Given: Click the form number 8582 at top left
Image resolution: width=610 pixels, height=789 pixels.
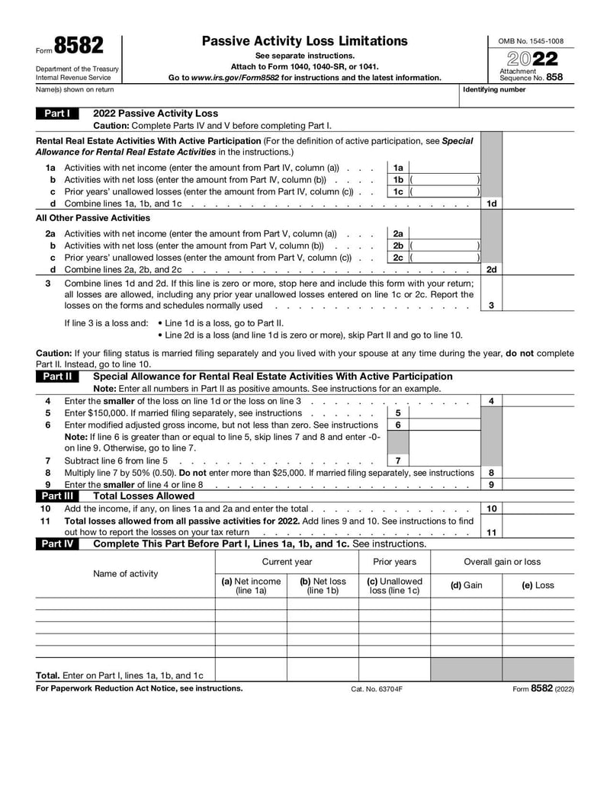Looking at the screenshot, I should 79,47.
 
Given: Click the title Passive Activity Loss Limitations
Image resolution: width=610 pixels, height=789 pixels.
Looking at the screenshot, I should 304,41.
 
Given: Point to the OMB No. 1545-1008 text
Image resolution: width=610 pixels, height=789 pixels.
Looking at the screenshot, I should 531,40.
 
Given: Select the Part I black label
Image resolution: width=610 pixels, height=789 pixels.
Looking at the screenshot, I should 57,114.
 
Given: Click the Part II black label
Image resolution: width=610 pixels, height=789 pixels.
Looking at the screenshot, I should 57,377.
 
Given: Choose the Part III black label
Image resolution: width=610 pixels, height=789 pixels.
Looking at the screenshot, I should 57,496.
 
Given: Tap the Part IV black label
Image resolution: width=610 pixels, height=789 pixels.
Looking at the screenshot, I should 57,544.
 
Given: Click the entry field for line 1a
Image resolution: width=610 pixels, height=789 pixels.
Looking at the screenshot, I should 445,168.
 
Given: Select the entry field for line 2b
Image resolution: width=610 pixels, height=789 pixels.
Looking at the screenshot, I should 445,246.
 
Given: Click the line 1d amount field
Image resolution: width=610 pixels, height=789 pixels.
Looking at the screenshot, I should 538,204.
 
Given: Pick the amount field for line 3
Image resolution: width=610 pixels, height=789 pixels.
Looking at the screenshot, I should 538,305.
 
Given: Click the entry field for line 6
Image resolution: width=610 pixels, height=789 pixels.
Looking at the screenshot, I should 445,425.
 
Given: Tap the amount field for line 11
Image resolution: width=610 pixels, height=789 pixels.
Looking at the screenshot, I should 538,532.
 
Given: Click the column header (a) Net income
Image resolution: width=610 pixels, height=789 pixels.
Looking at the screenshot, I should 251,585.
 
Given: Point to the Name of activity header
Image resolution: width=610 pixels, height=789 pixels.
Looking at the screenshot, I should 126,573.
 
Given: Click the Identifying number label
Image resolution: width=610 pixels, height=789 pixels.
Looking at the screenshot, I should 494,89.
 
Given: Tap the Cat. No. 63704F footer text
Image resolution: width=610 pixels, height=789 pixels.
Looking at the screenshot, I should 376,688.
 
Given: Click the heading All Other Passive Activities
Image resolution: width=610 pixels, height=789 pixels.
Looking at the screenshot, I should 93,218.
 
